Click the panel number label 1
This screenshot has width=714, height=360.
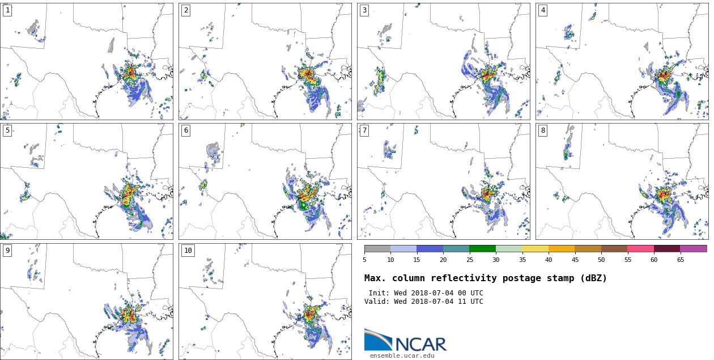[x=7, y=10]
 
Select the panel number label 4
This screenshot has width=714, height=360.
[x=543, y=10]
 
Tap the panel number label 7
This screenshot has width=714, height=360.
[x=364, y=130]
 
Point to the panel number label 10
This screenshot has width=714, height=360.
[x=188, y=251]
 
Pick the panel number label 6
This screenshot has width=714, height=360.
[x=186, y=130]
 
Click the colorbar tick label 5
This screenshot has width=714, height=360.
[x=364, y=260]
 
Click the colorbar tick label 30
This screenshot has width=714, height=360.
[x=496, y=260]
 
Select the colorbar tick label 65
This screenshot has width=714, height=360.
[x=680, y=260]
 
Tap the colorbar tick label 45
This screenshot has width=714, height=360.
[x=575, y=260]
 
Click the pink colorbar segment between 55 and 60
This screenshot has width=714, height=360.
[x=640, y=248]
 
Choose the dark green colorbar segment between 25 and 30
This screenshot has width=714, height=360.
[x=482, y=248]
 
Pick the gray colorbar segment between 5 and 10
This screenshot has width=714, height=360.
[x=377, y=248]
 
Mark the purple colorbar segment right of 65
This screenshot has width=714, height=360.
[x=693, y=248]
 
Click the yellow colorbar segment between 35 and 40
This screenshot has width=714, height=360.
[x=535, y=248]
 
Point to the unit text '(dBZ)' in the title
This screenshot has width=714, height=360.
[x=591, y=278]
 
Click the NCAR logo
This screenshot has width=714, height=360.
[x=405, y=341]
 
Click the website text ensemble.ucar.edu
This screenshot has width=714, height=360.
[x=402, y=355]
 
